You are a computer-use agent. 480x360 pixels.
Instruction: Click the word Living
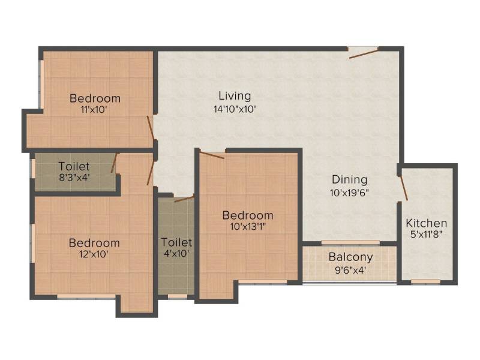[235, 96]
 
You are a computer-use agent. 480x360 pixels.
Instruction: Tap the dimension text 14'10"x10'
[235, 109]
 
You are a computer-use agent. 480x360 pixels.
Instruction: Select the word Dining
[350, 179]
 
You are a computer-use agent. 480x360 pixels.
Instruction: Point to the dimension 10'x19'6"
[350, 193]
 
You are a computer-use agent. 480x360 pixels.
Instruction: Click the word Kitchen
[427, 223]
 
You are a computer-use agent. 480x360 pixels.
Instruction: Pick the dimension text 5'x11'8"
[427, 235]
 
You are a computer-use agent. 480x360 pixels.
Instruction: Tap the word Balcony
[350, 257]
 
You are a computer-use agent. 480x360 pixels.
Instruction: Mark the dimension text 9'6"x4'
[350, 271]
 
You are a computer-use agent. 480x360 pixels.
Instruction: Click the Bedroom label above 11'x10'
[95, 98]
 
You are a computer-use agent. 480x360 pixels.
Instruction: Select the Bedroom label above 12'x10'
[94, 243]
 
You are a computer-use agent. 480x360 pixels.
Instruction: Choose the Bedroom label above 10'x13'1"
[248, 215]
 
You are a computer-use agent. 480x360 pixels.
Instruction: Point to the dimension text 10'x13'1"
[248, 227]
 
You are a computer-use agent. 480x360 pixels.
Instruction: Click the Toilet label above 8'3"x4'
[74, 167]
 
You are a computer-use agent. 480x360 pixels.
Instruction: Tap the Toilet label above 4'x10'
[176, 242]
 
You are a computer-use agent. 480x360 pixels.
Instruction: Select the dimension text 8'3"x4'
[74, 178]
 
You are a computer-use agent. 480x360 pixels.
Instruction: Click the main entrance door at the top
[364, 52]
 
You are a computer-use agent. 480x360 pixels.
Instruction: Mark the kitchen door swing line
[403, 188]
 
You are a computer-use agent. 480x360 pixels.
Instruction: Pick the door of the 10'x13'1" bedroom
[212, 155]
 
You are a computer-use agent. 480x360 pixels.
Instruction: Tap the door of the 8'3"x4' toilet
[114, 163]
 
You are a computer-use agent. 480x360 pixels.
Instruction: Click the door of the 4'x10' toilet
[184, 199]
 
